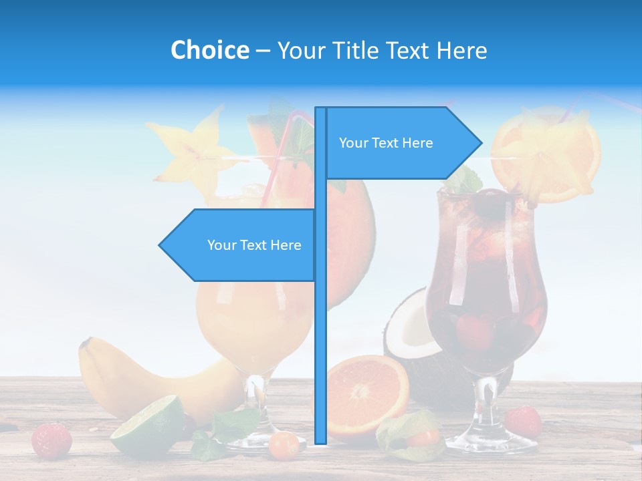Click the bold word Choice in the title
pos(209,50)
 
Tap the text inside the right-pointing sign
pos(386,143)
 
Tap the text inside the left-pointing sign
pos(254,245)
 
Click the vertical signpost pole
pos(320,334)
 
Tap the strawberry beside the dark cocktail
pos(522,422)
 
